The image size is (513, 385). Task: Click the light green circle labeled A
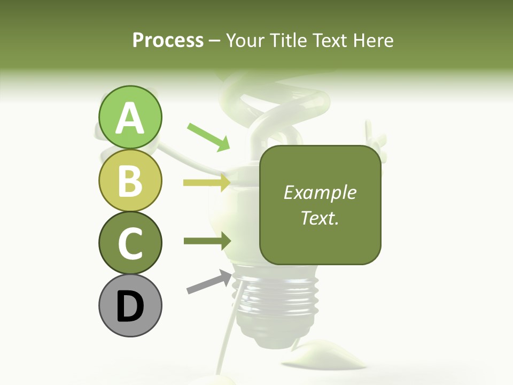tap(130, 117)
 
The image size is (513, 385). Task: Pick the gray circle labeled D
tap(130, 305)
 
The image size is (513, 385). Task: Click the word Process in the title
tap(168, 40)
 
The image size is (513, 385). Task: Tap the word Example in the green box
tap(320, 192)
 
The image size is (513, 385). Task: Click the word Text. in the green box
tap(320, 218)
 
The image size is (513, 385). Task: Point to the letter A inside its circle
tap(130, 118)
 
